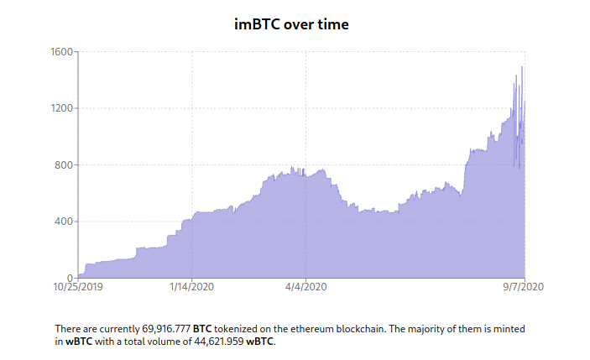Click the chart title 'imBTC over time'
(291, 24)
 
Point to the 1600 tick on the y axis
(64, 52)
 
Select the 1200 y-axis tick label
(64, 108)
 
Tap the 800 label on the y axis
(66, 165)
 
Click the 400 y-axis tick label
(66, 222)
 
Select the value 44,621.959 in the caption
(213, 342)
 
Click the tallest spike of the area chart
(522, 67)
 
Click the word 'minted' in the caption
(507, 329)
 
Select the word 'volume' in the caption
(164, 342)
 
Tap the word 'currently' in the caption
(110, 329)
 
